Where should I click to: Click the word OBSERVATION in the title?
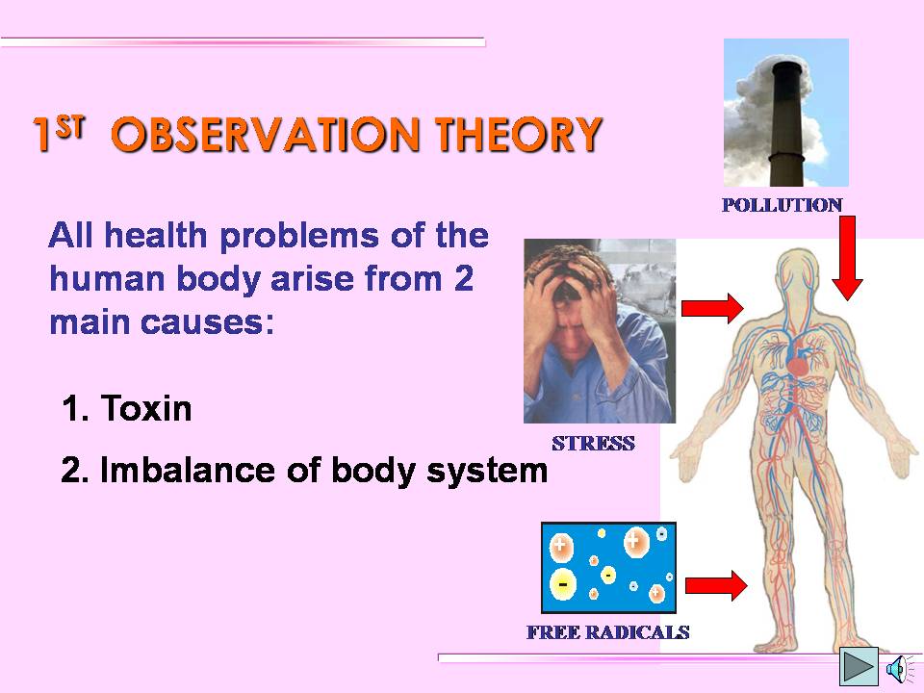266,134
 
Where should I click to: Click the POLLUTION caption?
782,205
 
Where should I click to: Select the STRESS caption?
594,443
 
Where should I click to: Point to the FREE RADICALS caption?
608,632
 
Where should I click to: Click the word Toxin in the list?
146,408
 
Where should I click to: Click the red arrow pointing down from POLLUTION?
847,258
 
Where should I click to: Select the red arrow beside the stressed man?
712,308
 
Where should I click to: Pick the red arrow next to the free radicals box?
716,586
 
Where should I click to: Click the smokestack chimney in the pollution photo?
787,125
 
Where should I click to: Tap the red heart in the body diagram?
799,366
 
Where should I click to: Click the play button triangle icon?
859,666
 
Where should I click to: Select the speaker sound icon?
898,669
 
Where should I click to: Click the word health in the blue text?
156,235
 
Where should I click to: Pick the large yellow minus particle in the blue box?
563,584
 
